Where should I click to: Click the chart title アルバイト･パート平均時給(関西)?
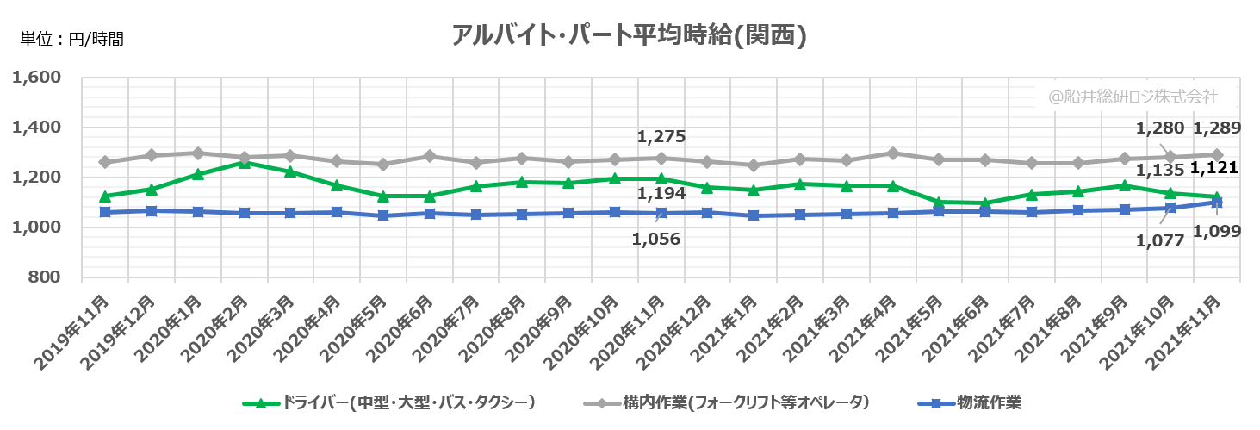coord(629,35)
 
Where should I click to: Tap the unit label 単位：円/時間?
coord(72,38)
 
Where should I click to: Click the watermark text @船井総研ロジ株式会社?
coord(1133,97)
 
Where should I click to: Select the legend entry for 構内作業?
coord(745,402)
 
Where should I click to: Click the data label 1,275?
coord(661,136)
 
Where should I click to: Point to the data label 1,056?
coord(656,240)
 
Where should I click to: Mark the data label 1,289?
coord(1216,129)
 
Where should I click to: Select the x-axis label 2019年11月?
coord(76,332)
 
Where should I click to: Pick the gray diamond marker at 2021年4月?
coord(892,153)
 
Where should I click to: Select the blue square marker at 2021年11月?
coord(1216,202)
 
